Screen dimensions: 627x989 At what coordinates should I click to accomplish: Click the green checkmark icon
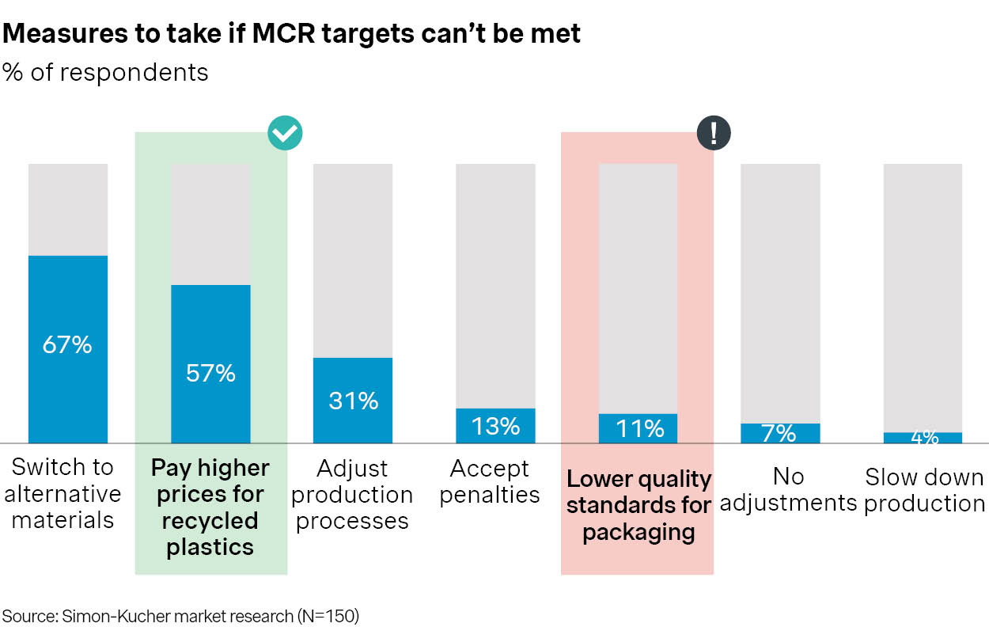point(285,133)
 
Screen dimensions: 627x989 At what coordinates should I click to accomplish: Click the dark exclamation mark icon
point(714,133)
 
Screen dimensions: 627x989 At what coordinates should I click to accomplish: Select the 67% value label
point(68,345)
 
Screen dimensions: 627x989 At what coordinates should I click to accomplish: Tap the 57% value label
point(210,373)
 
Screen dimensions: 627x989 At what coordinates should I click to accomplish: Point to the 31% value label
point(353,401)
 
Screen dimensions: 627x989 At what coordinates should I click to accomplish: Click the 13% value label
point(495,426)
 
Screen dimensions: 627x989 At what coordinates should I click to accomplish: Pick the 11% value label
point(638,428)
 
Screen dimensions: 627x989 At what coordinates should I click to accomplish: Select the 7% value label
point(780,433)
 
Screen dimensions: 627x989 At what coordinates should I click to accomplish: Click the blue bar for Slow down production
point(923,438)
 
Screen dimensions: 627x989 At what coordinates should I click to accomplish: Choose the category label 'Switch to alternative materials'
point(63,493)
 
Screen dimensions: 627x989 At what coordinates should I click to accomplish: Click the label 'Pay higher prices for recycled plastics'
point(210,507)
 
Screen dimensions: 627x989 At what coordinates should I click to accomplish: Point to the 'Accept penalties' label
point(490,481)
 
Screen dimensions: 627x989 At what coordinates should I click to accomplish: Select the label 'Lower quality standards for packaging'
point(638,505)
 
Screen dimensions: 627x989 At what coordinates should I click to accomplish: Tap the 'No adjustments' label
point(788,489)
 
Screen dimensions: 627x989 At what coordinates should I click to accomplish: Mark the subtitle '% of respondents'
point(105,72)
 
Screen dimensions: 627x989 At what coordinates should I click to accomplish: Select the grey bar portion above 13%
point(495,285)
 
